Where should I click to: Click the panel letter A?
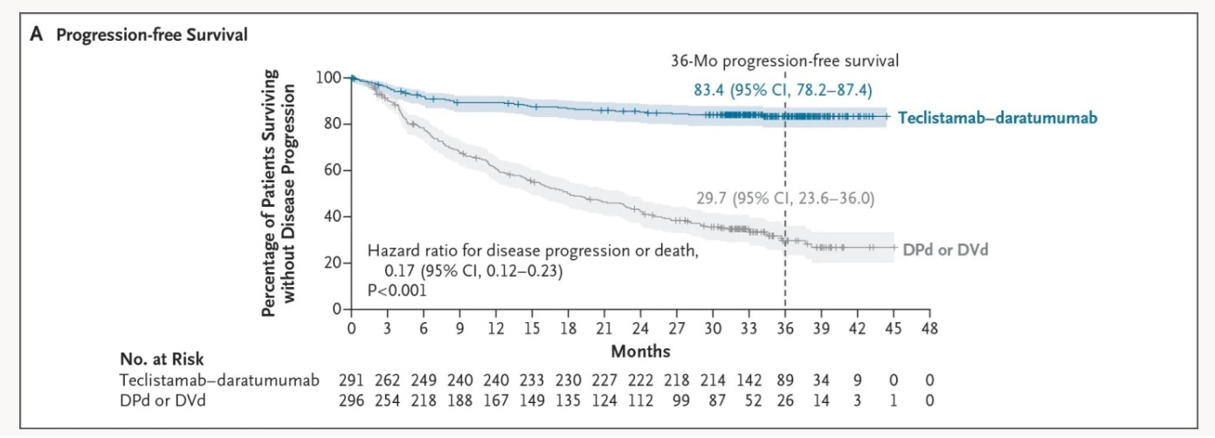tap(36, 36)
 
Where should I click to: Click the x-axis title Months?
tap(640, 351)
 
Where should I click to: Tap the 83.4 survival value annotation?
tap(708, 90)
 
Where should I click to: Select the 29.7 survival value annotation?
tap(711, 198)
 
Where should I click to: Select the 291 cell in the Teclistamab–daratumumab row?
tap(351, 380)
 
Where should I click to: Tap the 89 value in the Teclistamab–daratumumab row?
tap(784, 380)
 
